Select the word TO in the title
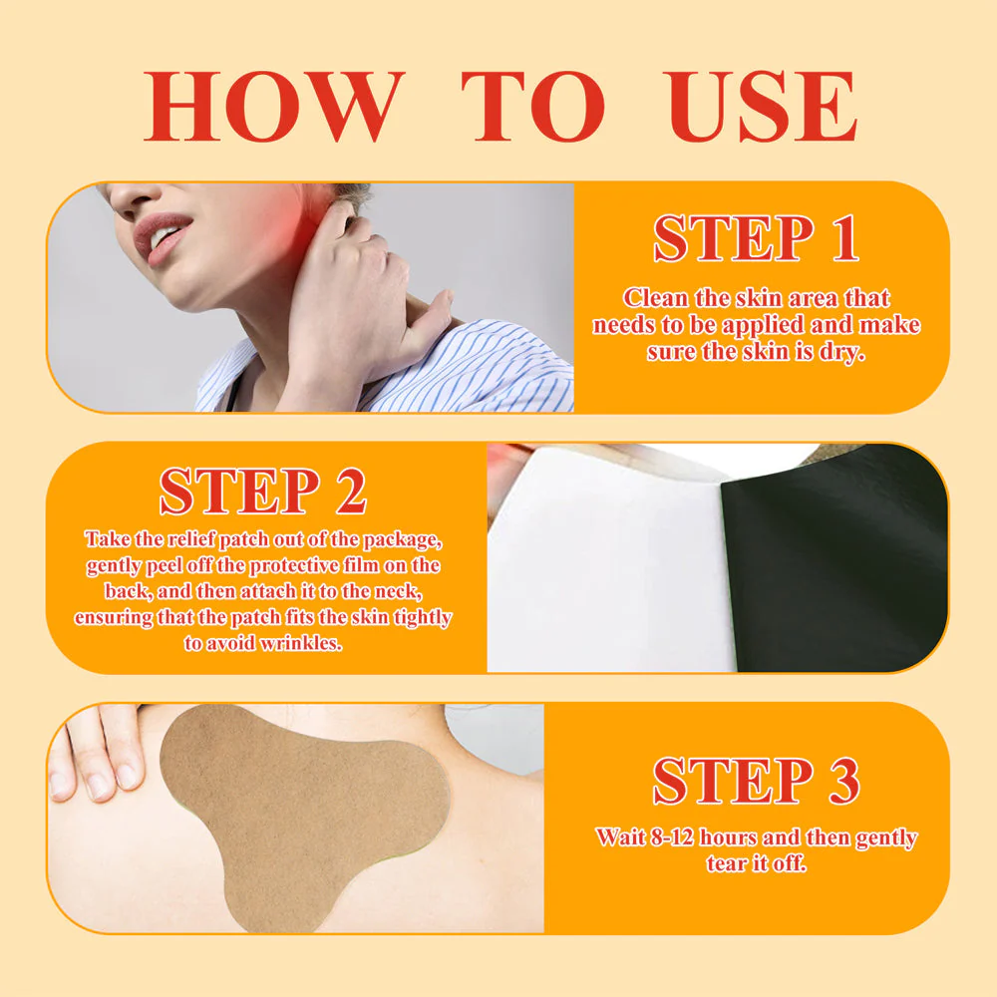[533, 107]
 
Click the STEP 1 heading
[756, 238]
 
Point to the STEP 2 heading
[262, 491]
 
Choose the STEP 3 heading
[756, 781]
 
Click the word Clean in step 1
[656, 297]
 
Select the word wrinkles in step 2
[301, 643]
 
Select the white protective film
[610, 566]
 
